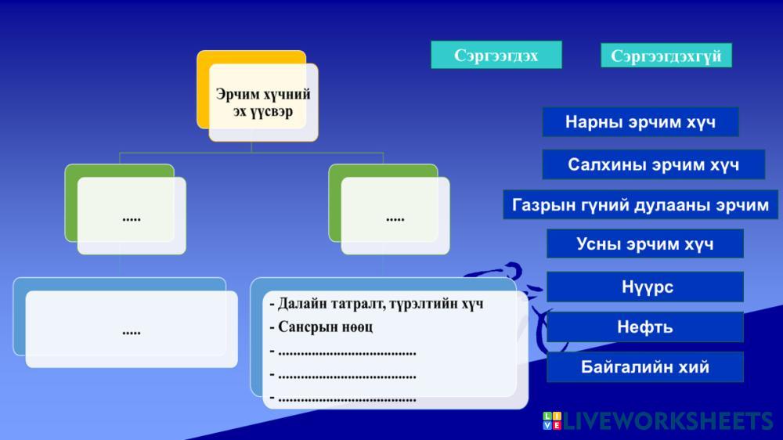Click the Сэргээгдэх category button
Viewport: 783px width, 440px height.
(x=496, y=55)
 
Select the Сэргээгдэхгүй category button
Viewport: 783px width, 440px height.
(x=666, y=56)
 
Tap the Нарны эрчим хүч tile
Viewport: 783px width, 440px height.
(x=640, y=122)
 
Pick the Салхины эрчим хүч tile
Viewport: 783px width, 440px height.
(x=653, y=164)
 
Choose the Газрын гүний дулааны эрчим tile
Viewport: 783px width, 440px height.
(x=640, y=204)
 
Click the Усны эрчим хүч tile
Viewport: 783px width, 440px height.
(x=644, y=243)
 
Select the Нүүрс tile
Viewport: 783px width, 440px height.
(x=644, y=287)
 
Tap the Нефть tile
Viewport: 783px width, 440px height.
(x=644, y=327)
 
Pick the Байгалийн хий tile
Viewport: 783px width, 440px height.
(x=644, y=367)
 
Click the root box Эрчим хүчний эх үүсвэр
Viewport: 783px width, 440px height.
(x=263, y=103)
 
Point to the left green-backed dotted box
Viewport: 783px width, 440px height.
(x=132, y=216)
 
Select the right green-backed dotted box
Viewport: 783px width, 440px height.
(x=395, y=216)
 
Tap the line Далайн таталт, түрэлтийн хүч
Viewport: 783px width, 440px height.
(x=377, y=304)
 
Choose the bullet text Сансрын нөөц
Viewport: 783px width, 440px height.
(x=321, y=327)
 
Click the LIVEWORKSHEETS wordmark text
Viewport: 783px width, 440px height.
(x=668, y=421)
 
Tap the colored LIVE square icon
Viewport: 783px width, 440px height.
(x=552, y=420)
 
